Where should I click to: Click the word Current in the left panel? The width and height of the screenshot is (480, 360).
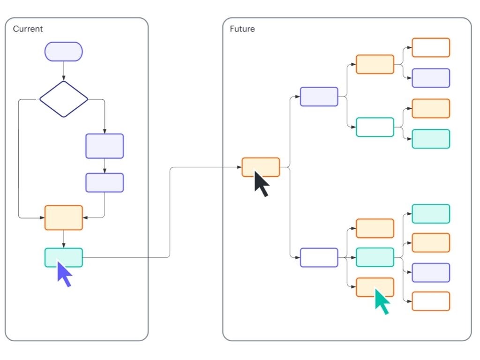coord(28,29)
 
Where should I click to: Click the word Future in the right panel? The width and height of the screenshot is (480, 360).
coord(242,29)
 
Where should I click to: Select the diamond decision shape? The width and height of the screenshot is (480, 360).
coord(64,99)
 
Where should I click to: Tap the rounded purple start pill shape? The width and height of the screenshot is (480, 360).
coord(64,52)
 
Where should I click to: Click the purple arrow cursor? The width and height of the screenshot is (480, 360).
coord(64,274)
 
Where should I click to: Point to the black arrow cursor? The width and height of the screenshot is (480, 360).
coord(261,183)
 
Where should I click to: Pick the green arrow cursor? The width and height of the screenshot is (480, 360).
coord(382,301)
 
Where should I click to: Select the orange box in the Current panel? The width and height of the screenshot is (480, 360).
coord(64,217)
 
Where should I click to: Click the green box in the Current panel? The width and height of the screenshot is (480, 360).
coord(64,257)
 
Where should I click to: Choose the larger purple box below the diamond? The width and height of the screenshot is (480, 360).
coord(105,146)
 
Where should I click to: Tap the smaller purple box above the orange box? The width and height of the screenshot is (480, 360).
coord(105,183)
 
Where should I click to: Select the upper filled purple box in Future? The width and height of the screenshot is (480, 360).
coord(319,97)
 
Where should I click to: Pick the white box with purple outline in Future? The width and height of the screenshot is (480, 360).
coord(319,257)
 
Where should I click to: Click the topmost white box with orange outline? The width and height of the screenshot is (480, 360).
coord(431,47)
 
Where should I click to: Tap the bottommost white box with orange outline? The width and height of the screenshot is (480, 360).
coord(431,301)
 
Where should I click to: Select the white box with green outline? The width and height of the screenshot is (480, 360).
coord(375,127)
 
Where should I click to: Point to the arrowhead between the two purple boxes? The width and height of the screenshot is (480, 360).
coord(105,171)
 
